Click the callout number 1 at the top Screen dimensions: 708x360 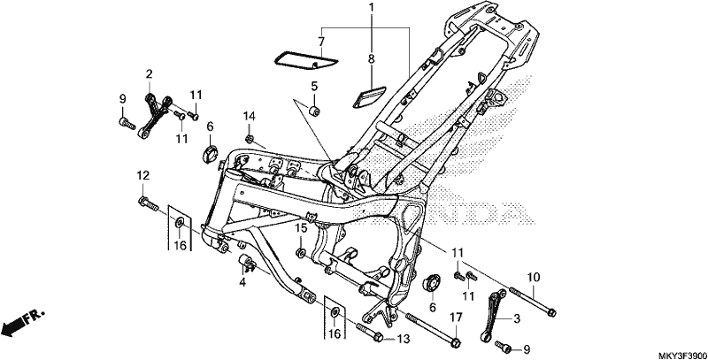tap(371, 8)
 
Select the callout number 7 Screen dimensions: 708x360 tap(321, 42)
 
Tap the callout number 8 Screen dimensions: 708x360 tap(371, 58)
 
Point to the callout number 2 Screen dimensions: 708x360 tap(149, 73)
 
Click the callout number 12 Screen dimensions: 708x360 tap(142, 175)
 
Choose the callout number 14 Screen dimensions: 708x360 tap(250, 117)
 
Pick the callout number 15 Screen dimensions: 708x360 tap(301, 228)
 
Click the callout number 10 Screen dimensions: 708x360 tap(534, 277)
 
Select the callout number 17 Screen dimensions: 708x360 tap(456, 318)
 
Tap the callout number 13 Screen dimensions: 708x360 tap(403, 339)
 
